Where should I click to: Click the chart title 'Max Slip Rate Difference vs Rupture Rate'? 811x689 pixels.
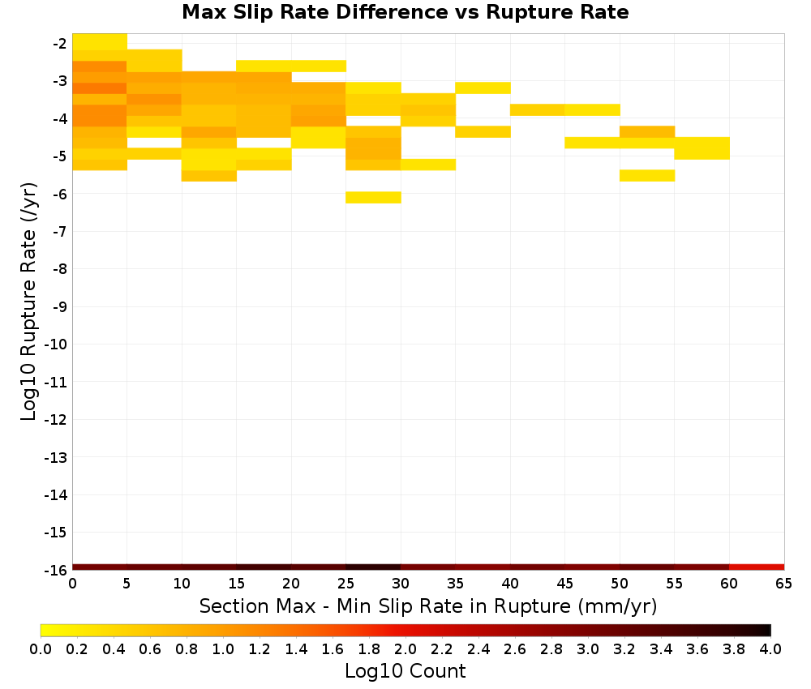(x=405, y=12)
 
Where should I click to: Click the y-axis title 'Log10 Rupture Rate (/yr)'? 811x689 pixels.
(x=29, y=302)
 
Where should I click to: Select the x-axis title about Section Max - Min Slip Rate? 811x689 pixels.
(x=428, y=606)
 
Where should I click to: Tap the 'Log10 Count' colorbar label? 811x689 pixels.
(x=405, y=671)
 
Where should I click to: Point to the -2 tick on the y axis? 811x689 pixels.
(x=60, y=44)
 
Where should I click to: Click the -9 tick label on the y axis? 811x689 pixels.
(x=60, y=306)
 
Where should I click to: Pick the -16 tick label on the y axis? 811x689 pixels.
(x=56, y=570)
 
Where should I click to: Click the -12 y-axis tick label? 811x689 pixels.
(x=56, y=419)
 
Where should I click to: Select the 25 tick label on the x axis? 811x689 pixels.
(x=346, y=584)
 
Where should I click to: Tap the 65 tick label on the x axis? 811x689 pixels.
(x=783, y=584)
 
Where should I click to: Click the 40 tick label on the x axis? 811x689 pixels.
(x=510, y=584)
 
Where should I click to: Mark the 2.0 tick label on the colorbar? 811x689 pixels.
(x=405, y=648)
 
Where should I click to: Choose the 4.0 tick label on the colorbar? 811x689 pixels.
(x=770, y=648)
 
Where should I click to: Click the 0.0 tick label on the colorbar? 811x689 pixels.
(x=41, y=648)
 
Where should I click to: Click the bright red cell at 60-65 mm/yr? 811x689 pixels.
(x=757, y=567)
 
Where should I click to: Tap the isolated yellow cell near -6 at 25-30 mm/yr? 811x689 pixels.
(x=373, y=198)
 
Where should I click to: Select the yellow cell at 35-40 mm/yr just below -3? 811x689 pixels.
(x=483, y=88)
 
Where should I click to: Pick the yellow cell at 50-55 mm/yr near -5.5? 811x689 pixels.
(x=647, y=176)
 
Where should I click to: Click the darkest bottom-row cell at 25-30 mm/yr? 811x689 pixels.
(x=373, y=567)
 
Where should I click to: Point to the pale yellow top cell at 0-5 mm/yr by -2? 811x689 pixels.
(x=100, y=42)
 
